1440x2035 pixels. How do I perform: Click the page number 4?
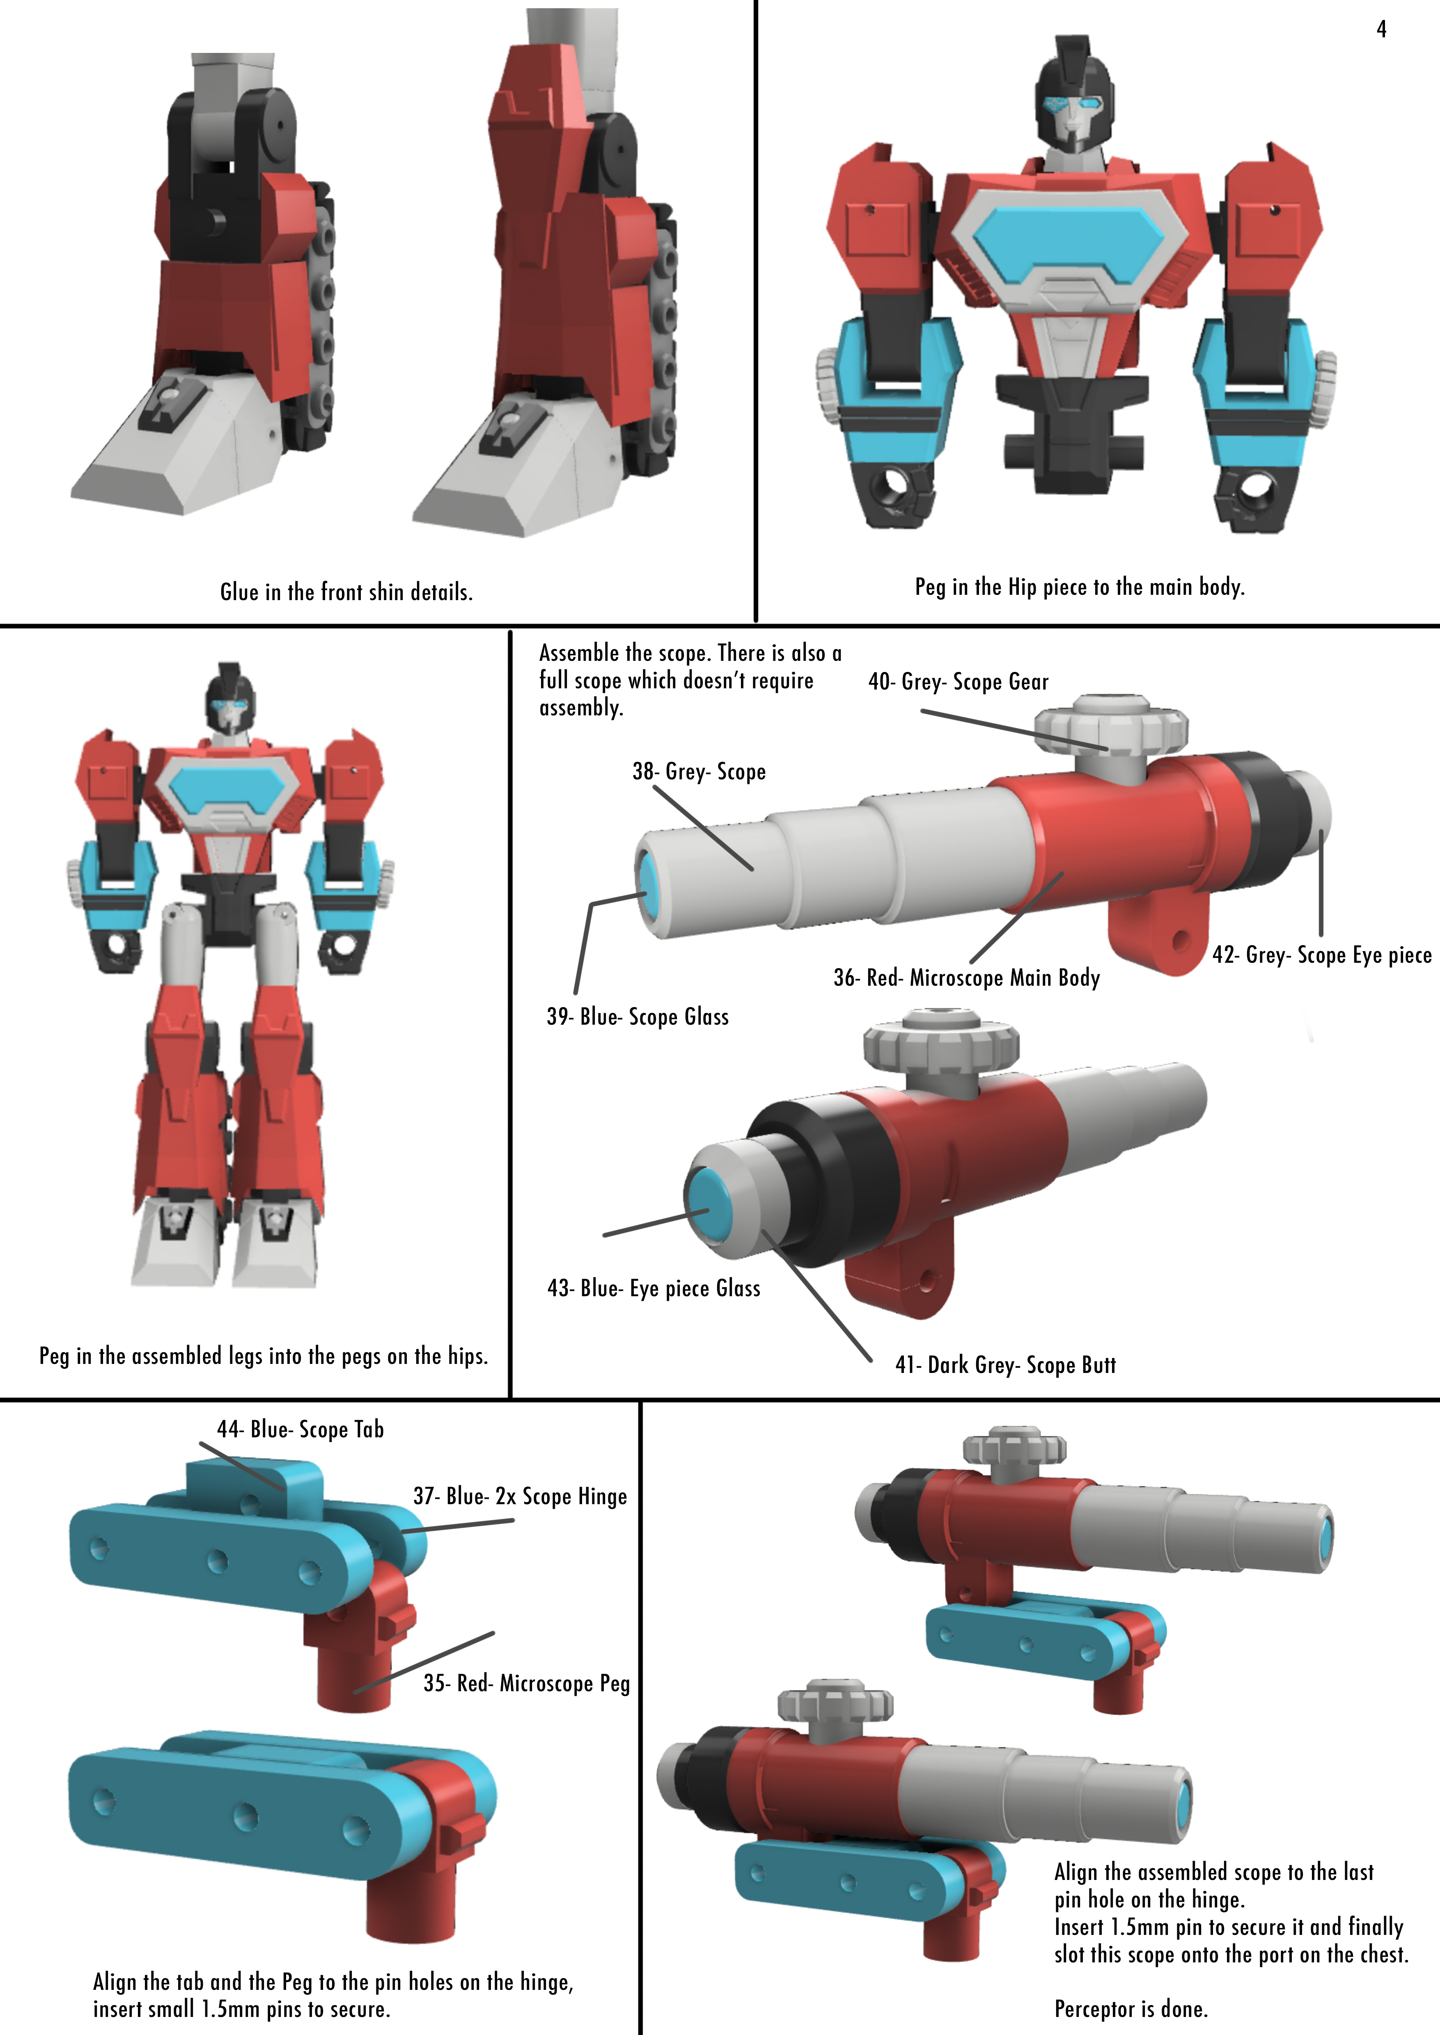pyautogui.click(x=1380, y=29)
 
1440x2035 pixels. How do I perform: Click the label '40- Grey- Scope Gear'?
pyautogui.click(x=958, y=682)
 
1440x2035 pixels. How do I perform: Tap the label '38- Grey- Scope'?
pyautogui.click(x=699, y=771)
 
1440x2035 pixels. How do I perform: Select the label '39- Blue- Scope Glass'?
pyautogui.click(x=637, y=1016)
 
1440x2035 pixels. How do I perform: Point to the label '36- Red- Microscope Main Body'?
pyautogui.click(x=967, y=978)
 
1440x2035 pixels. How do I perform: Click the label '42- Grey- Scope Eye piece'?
pyautogui.click(x=1321, y=955)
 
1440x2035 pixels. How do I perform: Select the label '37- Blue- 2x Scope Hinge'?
pyautogui.click(x=520, y=1496)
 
